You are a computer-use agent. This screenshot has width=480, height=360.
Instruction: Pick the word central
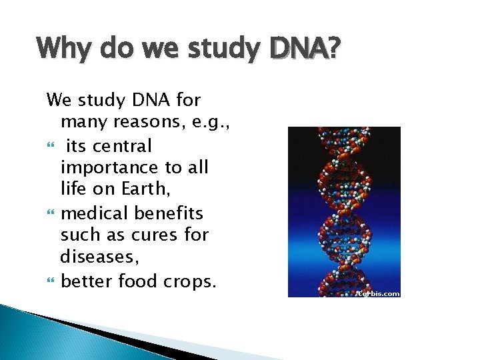pos(122,145)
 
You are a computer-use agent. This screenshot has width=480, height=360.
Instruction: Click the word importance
pos(109,168)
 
